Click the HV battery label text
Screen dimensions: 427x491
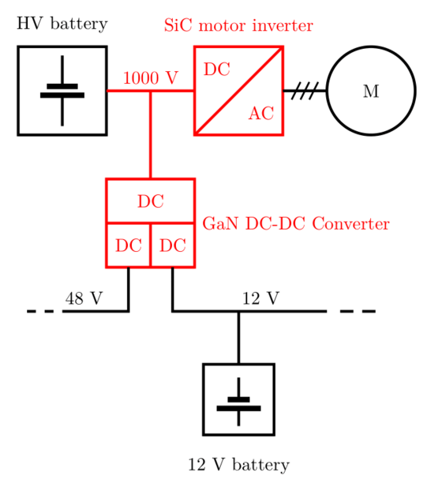point(62,24)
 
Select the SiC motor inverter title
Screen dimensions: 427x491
point(238,25)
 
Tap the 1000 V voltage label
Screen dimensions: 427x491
point(151,77)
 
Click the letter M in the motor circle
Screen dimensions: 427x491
point(371,92)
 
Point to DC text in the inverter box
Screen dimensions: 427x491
point(217,69)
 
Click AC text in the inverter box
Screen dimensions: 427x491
point(261,113)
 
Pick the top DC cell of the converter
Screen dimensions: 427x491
point(151,201)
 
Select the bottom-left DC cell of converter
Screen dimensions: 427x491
point(129,245)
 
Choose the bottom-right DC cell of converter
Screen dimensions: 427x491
point(173,245)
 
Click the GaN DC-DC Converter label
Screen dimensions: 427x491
point(296,223)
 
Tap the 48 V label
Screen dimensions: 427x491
point(84,298)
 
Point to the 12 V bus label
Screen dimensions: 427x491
point(260,298)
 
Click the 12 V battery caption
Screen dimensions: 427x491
point(238,464)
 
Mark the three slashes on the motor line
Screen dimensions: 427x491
point(305,91)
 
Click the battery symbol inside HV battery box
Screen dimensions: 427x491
point(62,91)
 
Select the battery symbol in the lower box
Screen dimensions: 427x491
point(238,402)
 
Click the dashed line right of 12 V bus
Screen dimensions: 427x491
point(358,311)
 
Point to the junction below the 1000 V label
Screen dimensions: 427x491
point(151,91)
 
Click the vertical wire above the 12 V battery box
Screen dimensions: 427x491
point(238,338)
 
